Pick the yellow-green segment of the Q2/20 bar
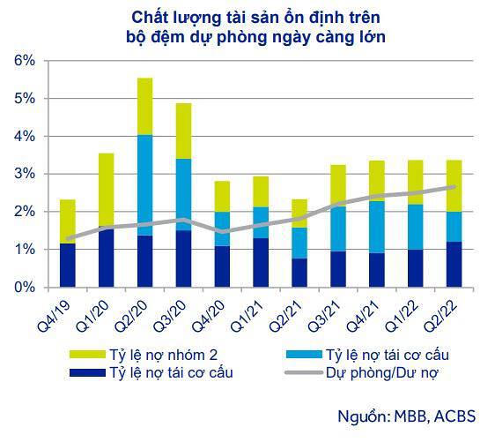click(145, 106)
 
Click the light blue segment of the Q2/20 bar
click(145, 184)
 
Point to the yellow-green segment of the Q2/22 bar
click(455, 185)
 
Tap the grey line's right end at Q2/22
click(455, 187)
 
